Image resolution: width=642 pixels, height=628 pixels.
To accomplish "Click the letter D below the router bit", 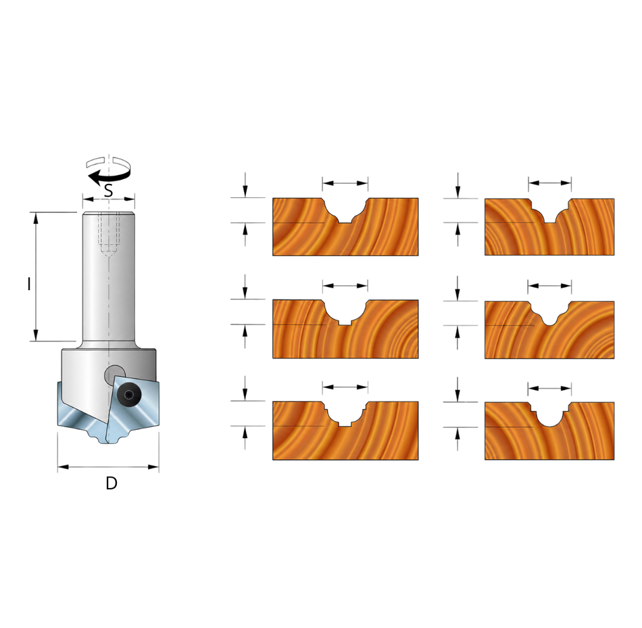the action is [x=112, y=483].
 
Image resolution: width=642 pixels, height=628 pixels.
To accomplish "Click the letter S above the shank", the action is [x=108, y=191].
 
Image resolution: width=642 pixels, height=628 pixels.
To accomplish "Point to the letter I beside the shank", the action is [x=28, y=284].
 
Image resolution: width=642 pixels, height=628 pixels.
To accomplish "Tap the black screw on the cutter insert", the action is [x=127, y=395].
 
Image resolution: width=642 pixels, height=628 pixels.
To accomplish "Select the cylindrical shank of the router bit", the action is [x=109, y=279].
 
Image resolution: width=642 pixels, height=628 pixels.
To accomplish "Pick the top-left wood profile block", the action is [x=345, y=227].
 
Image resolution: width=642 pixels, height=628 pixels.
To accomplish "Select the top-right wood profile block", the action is [x=549, y=227].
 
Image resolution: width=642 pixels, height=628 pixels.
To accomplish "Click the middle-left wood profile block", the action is [x=345, y=329].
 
